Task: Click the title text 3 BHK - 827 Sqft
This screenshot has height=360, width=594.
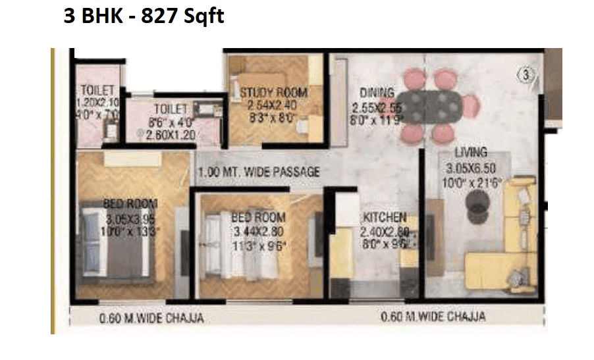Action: point(144,16)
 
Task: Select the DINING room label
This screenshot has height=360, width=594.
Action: point(377,92)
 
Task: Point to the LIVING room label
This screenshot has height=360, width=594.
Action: point(470,153)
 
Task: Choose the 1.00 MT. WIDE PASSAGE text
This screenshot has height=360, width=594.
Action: point(259,172)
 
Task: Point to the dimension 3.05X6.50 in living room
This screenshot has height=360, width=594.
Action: point(470,167)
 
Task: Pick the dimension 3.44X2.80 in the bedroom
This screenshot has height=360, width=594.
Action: point(257,231)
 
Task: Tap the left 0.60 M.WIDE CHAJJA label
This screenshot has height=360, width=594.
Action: point(151,318)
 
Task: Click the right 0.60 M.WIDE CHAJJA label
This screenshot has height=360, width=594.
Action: point(433,317)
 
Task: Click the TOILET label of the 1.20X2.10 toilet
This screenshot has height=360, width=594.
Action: point(98,90)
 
